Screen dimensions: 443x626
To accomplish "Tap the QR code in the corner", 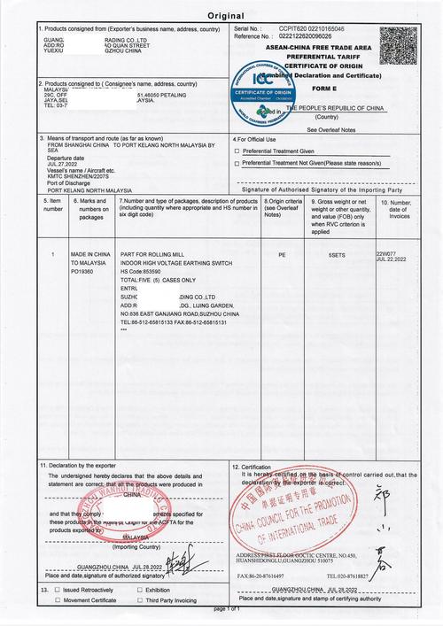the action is point(398,43).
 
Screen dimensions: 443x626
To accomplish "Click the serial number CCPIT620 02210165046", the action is point(312,29).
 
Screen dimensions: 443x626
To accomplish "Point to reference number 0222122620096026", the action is point(306,36).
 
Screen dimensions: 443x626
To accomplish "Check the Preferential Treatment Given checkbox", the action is point(237,151).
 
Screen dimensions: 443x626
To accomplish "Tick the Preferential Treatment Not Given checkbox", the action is point(237,163).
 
